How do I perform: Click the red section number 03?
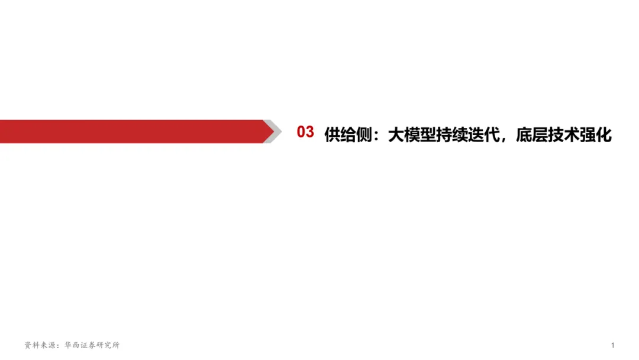[x=305, y=133]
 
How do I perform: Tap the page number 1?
[x=613, y=345]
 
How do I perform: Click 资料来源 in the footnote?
[x=39, y=345]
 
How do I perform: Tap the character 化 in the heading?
[x=603, y=134]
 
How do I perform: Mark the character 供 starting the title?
[x=332, y=134]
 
